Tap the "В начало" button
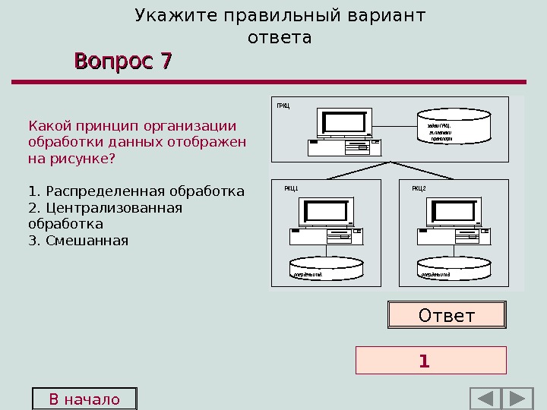[84, 399]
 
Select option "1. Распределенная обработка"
[136, 191]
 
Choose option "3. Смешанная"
[77, 241]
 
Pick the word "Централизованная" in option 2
[114, 207]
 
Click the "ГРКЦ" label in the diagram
[283, 106]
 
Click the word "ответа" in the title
[280, 37]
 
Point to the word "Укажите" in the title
[169, 16]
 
